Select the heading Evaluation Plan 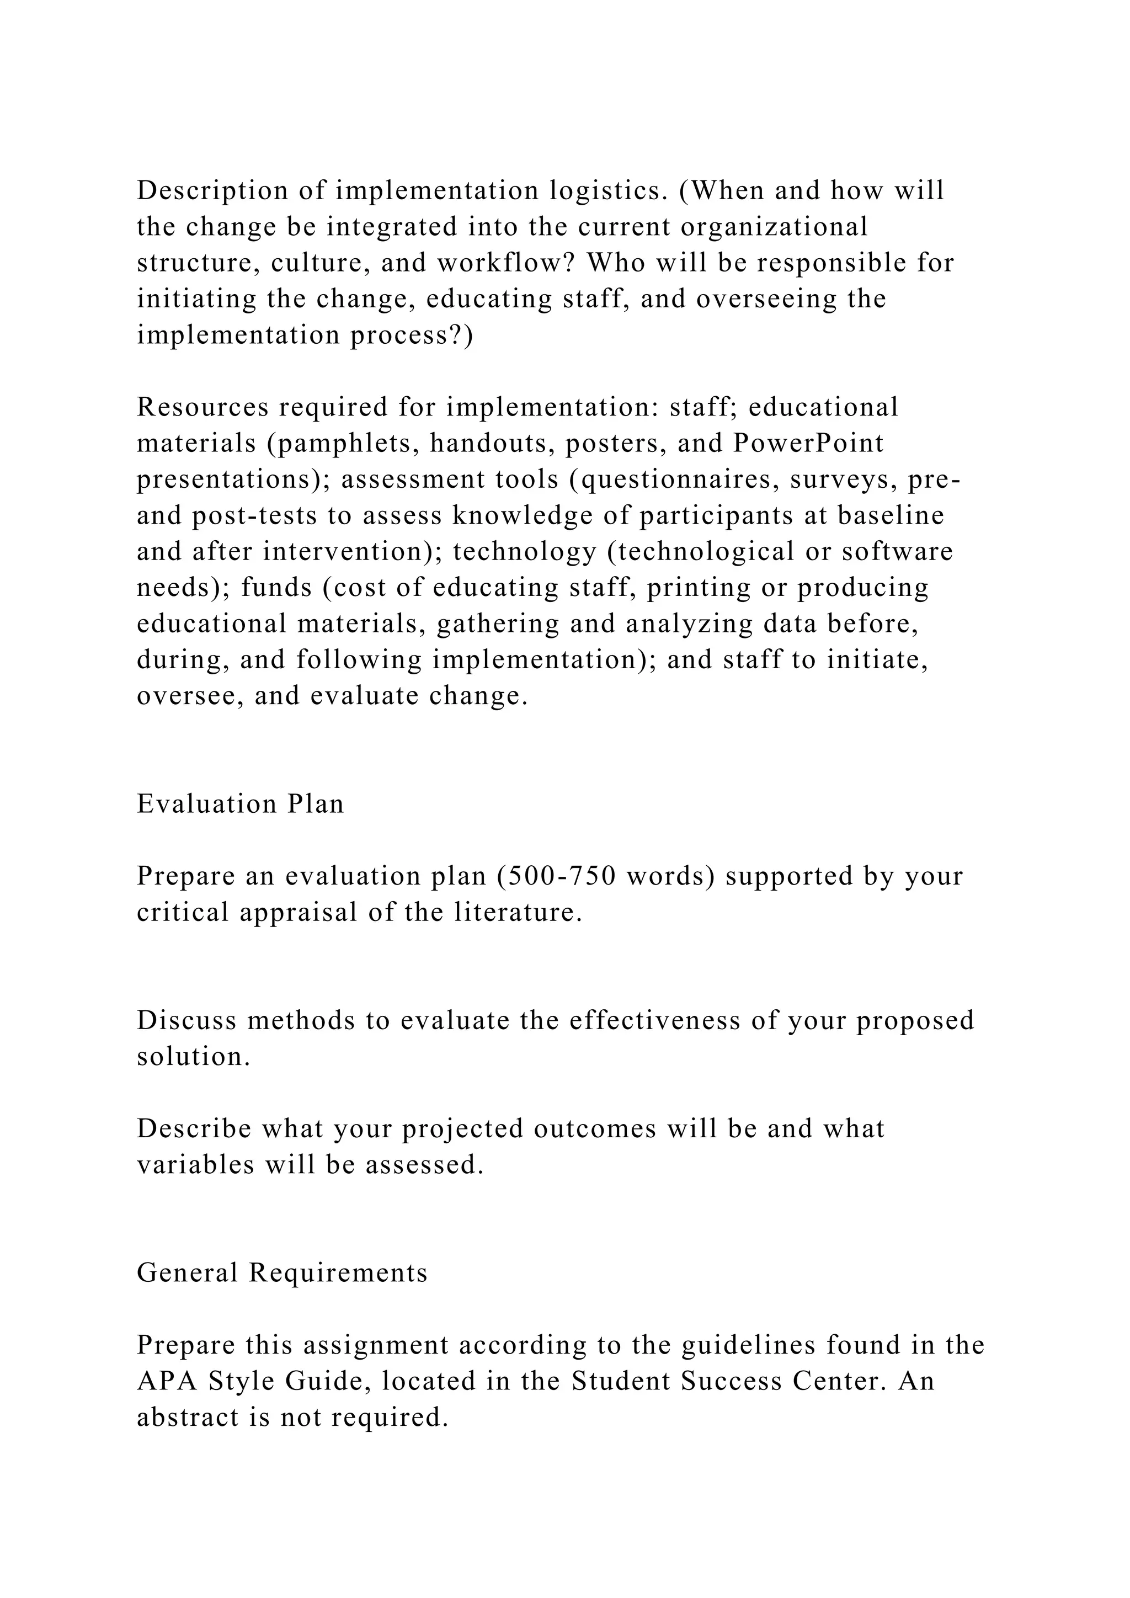point(240,804)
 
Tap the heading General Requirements point(282,1273)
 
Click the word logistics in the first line point(604,191)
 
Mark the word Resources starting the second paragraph point(202,407)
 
